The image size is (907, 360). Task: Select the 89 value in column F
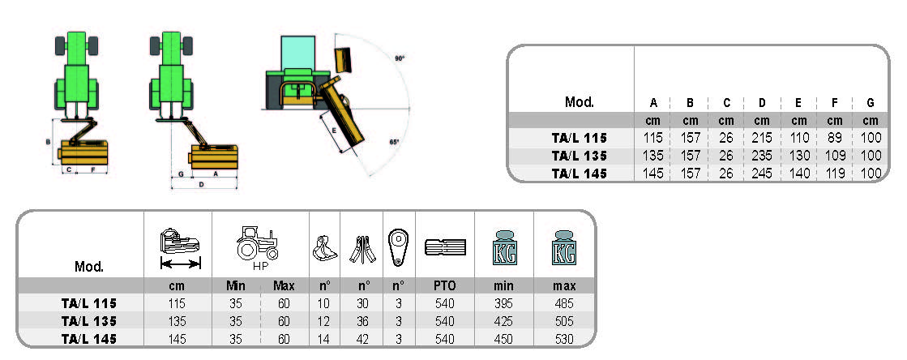(x=836, y=138)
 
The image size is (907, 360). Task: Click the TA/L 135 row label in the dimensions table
(x=579, y=156)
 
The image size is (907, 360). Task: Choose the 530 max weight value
(x=564, y=338)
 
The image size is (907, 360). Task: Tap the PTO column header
(x=445, y=285)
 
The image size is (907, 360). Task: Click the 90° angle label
(x=399, y=58)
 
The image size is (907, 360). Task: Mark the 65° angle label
(x=394, y=141)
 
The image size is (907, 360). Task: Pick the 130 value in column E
(x=799, y=156)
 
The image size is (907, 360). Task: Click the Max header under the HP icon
(x=284, y=285)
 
